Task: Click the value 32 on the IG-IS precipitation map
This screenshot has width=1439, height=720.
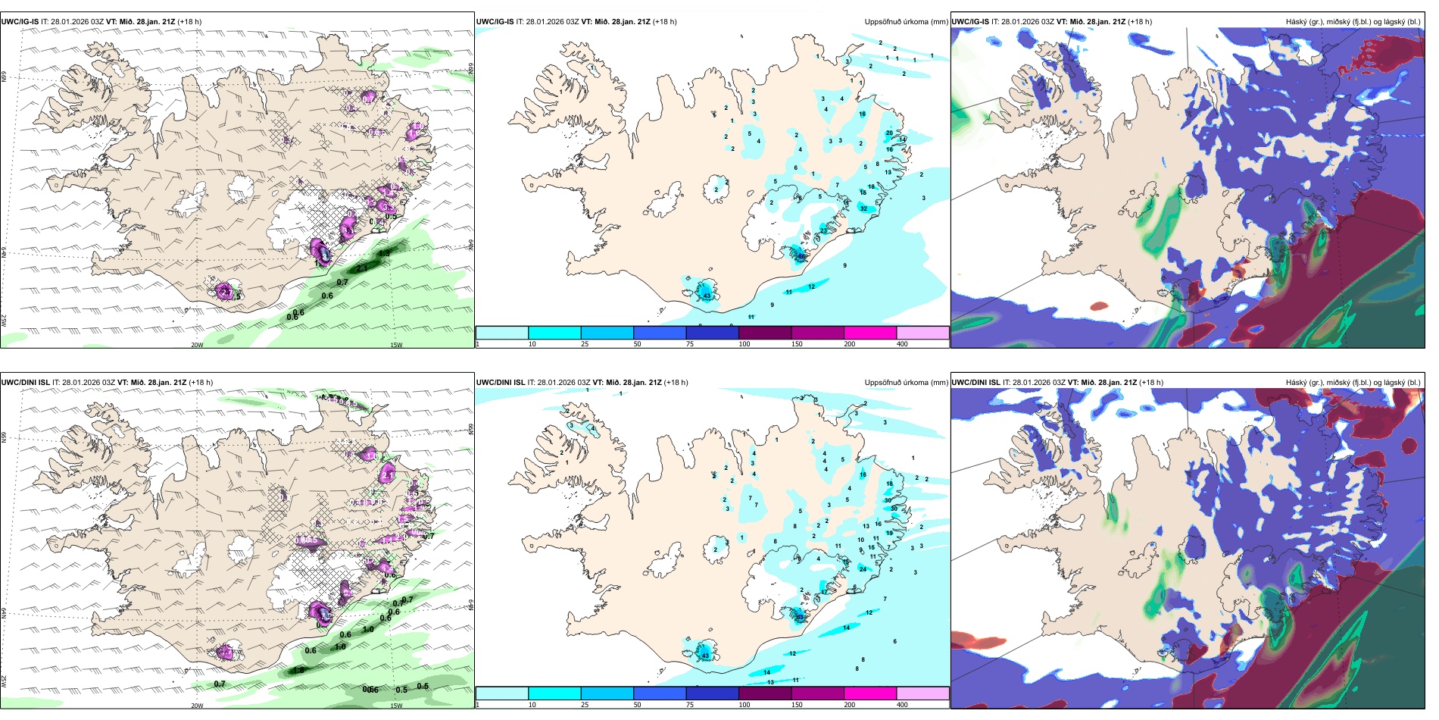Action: [863, 208]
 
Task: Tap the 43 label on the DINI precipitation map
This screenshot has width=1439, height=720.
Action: [705, 656]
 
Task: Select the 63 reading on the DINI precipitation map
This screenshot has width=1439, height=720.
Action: [801, 617]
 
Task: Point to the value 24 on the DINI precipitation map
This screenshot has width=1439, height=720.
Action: [863, 568]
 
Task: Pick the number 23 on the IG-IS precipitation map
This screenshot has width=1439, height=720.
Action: [824, 230]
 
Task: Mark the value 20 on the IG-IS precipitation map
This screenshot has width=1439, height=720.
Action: [889, 133]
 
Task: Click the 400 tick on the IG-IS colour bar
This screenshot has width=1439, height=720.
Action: [902, 344]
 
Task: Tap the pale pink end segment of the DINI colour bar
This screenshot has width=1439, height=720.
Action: [922, 693]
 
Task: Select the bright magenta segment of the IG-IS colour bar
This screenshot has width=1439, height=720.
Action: [869, 333]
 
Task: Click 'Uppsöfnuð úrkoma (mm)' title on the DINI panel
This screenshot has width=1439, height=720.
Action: [906, 383]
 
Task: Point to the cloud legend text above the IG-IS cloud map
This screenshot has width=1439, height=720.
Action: [1353, 22]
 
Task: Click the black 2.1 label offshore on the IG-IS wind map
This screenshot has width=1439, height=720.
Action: [362, 268]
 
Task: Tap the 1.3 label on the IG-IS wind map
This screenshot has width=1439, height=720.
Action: [385, 253]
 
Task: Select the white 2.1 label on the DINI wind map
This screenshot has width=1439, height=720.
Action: [388, 475]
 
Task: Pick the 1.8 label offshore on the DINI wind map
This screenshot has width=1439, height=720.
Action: [298, 670]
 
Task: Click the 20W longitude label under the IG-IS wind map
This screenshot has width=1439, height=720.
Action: [197, 345]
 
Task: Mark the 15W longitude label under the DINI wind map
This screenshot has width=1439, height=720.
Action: [395, 706]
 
